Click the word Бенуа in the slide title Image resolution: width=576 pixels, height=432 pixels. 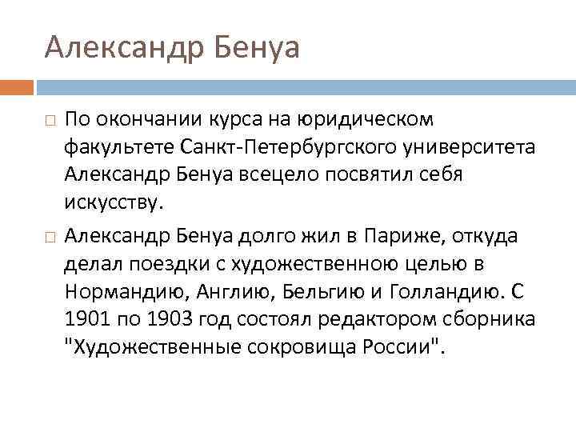(x=258, y=47)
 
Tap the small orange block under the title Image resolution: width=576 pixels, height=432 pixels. (x=17, y=86)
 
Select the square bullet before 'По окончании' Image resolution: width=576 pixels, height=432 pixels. (x=50, y=121)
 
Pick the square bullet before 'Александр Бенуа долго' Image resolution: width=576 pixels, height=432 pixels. (x=50, y=238)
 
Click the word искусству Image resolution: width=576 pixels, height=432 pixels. (x=114, y=202)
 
